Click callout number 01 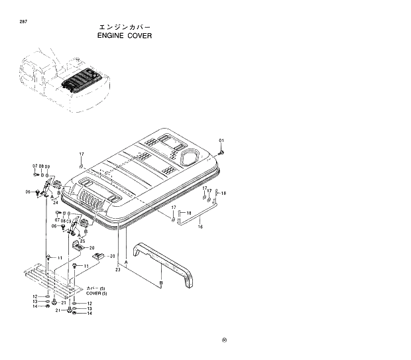(222, 141)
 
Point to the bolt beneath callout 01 (221, 152)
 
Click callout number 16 (201, 226)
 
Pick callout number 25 (82, 241)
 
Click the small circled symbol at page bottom (225, 341)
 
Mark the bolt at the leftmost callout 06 (38, 193)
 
